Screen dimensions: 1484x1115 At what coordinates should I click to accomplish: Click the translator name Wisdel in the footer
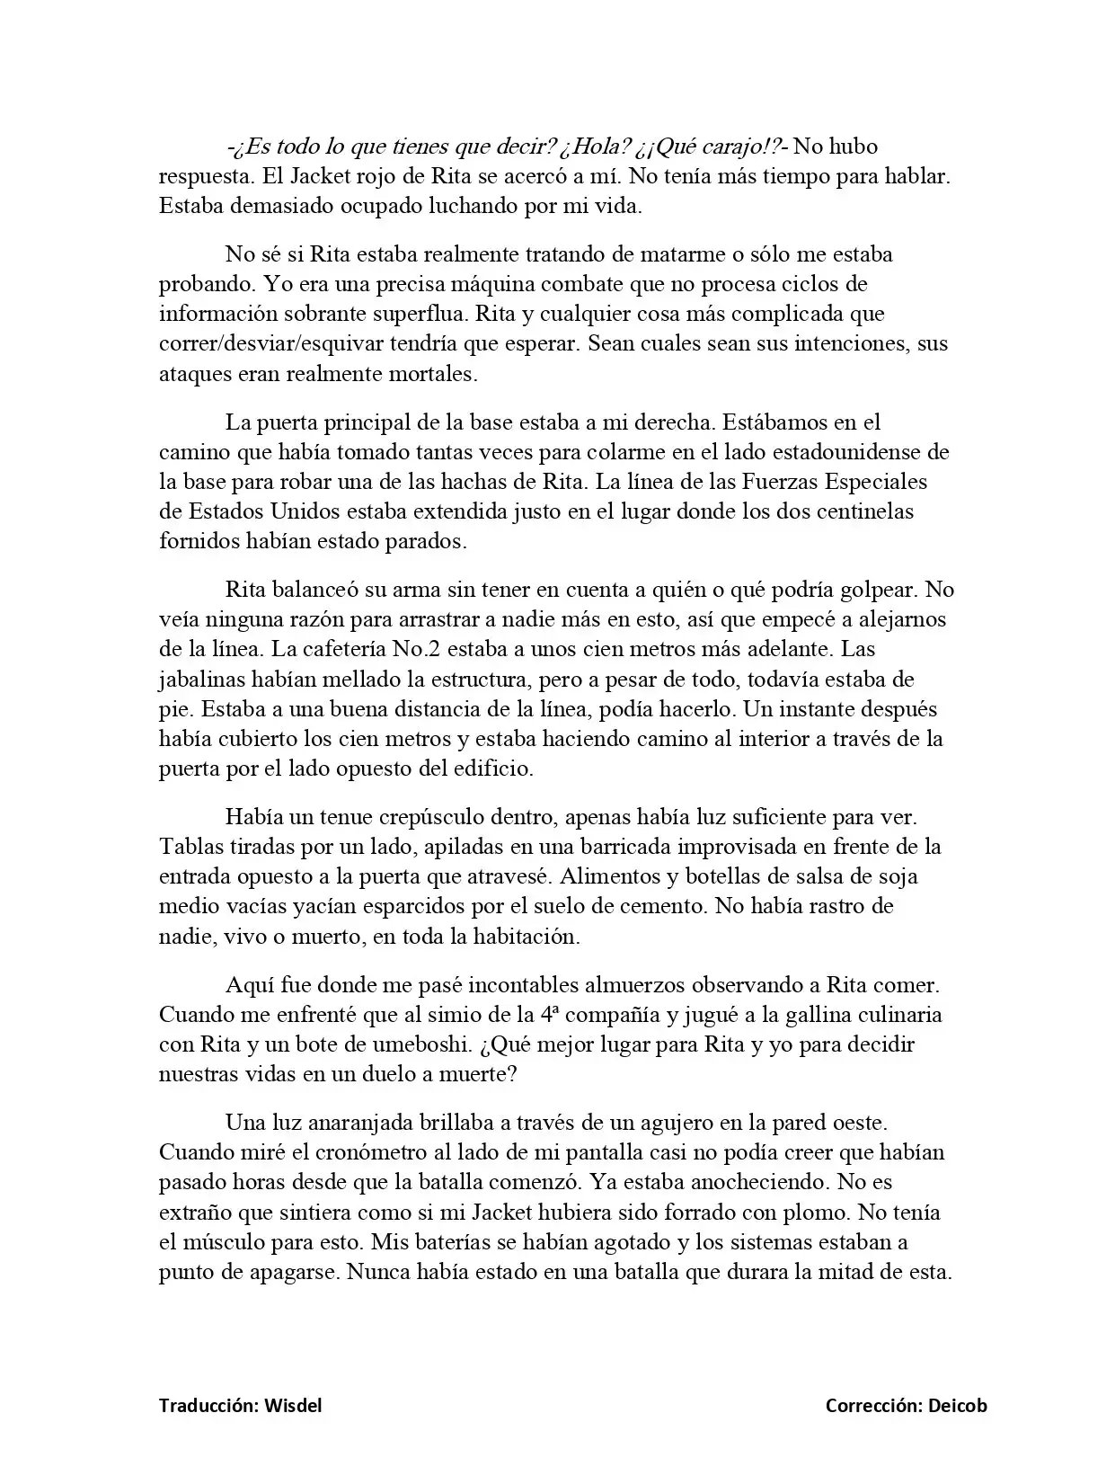pos(293,1406)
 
